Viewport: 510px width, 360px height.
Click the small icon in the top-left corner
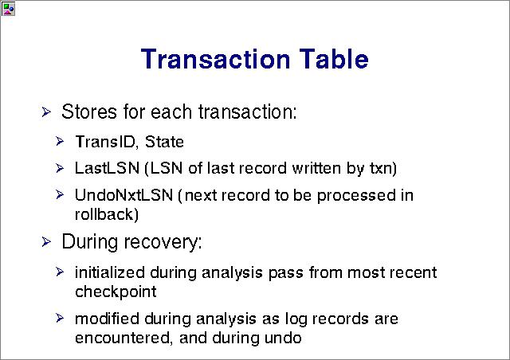(8, 9)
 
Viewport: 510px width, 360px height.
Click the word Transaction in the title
(215, 59)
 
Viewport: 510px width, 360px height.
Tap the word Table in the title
(334, 58)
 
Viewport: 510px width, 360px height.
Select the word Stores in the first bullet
(89, 112)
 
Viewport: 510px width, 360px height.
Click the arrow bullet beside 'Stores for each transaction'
(46, 112)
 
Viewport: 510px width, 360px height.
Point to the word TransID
(104, 142)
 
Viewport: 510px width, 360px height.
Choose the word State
(164, 142)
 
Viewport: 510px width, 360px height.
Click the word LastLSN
(107, 168)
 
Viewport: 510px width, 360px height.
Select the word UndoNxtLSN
(124, 195)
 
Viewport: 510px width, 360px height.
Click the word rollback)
(107, 214)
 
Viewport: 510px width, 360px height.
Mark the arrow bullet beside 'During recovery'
(46, 242)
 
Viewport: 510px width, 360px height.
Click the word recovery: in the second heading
(163, 243)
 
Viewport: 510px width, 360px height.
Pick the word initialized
(110, 272)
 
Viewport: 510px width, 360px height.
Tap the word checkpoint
(116, 292)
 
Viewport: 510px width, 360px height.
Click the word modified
(107, 319)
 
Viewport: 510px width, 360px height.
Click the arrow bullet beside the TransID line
(60, 142)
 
